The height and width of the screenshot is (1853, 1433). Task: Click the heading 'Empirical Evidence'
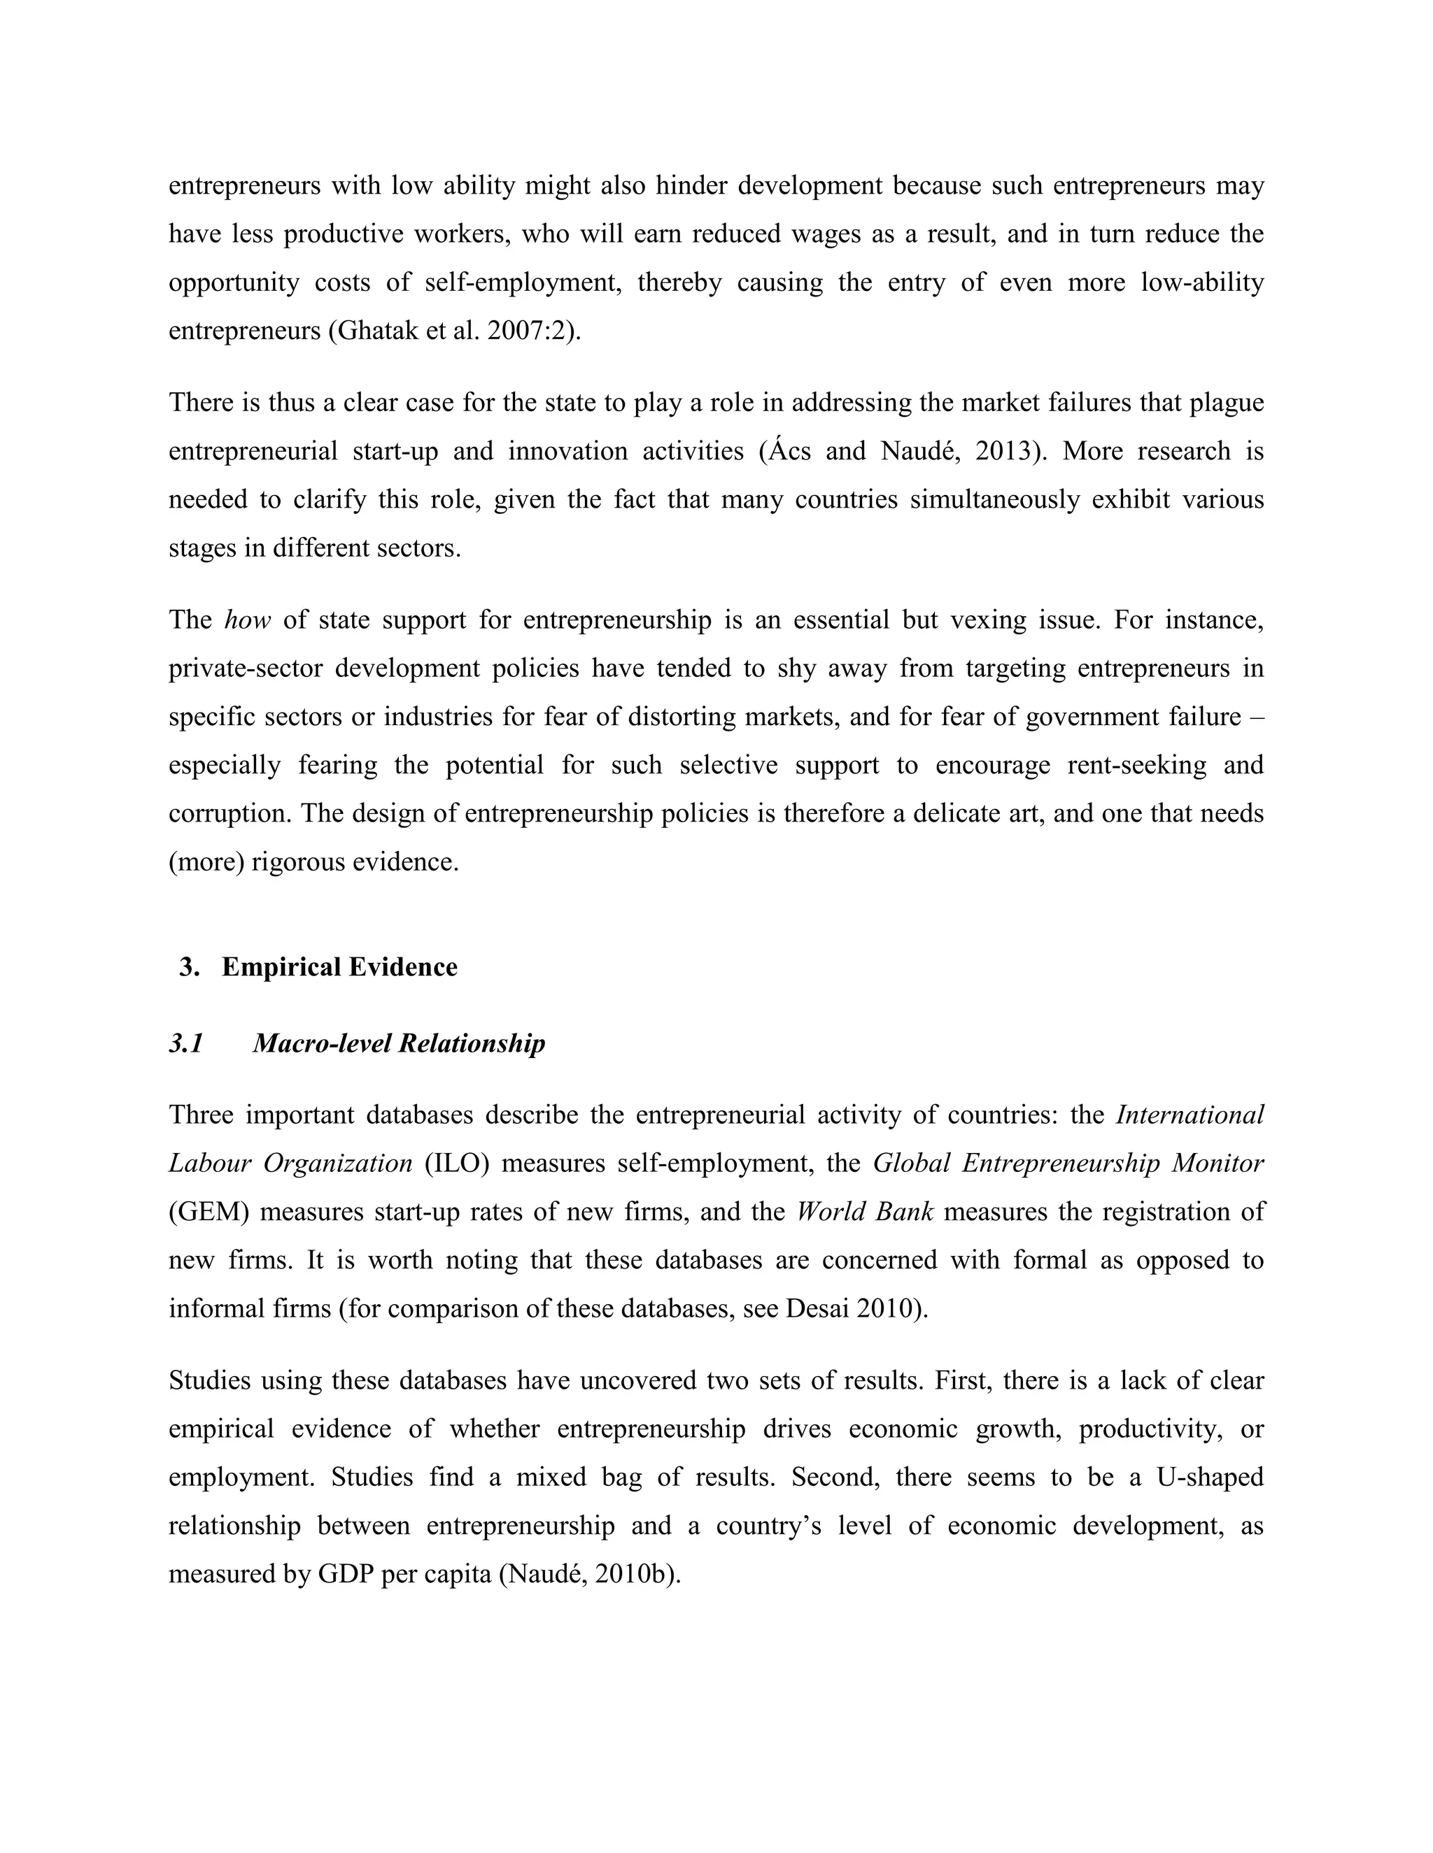(339, 967)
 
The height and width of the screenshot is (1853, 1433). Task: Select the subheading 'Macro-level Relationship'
(399, 1043)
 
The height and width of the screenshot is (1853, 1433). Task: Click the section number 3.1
(186, 1043)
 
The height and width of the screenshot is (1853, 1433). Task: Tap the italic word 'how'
(247, 620)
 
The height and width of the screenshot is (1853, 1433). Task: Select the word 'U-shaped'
(1210, 1477)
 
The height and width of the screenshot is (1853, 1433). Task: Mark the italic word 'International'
(1190, 1115)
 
